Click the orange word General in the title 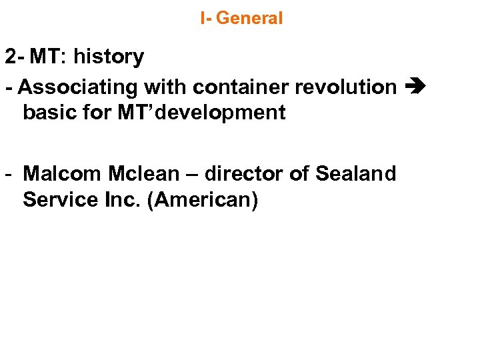(x=249, y=18)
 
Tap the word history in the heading (x=109, y=57)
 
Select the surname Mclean (x=142, y=174)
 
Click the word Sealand (x=356, y=174)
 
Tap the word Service (x=58, y=199)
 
